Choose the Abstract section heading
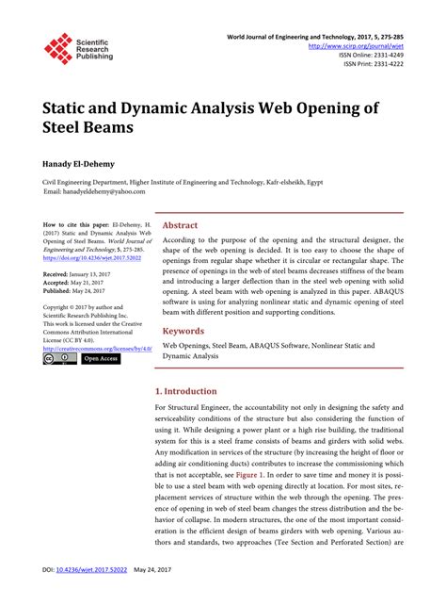[x=180, y=225]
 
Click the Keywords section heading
[x=183, y=305]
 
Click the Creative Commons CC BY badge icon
[x=59, y=358]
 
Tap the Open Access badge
[x=100, y=358]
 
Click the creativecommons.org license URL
[x=98, y=348]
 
